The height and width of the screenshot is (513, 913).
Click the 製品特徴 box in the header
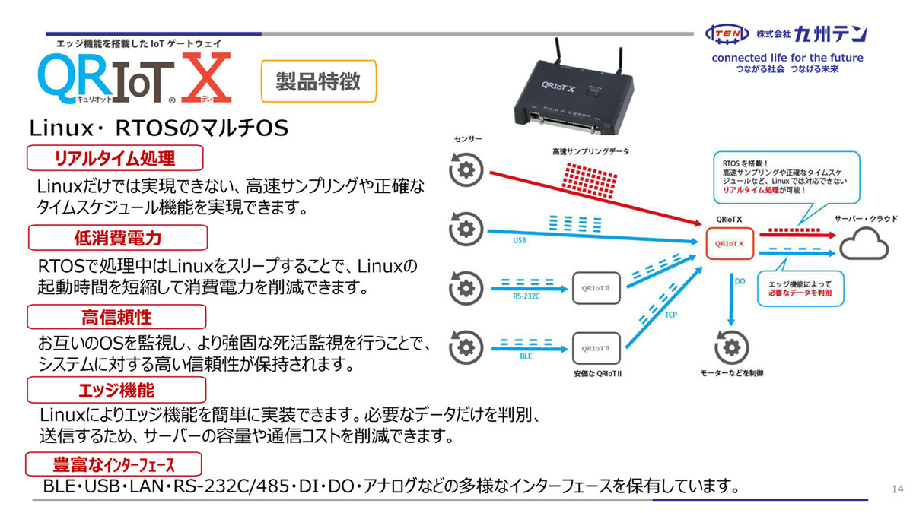tap(319, 81)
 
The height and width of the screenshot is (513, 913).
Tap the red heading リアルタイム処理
tap(116, 158)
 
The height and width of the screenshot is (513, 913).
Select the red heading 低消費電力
tap(118, 238)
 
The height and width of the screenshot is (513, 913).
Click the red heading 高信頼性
tap(117, 317)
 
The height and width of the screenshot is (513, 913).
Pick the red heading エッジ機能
tap(117, 390)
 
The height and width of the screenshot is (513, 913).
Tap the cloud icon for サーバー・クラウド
tap(864, 244)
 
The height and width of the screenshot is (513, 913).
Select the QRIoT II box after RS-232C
tap(596, 287)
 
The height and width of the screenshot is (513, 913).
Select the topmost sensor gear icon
tap(466, 169)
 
